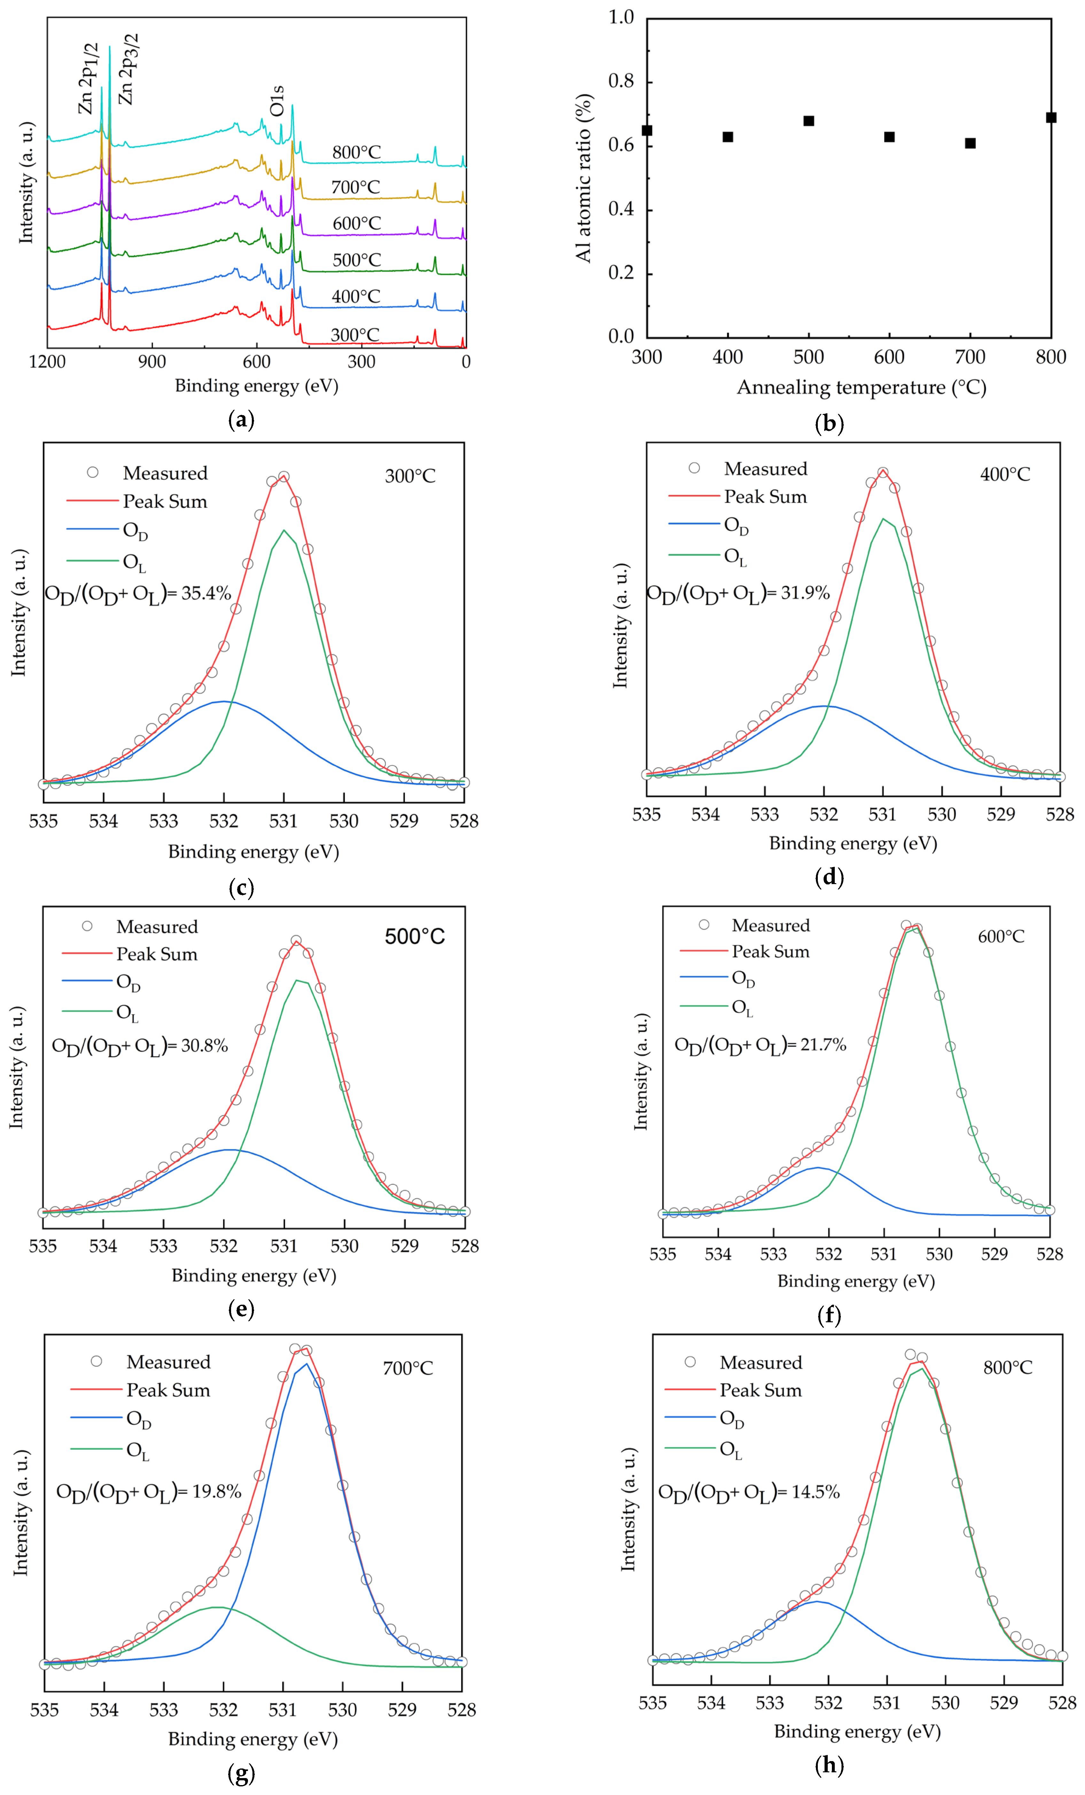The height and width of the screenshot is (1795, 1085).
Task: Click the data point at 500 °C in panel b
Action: tap(808, 121)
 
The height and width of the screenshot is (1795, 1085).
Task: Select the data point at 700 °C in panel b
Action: tap(970, 144)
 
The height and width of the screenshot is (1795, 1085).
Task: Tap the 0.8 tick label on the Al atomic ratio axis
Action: tap(621, 82)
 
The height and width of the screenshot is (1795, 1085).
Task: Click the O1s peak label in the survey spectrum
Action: tap(277, 101)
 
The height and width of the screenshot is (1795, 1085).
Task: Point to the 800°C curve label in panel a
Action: tap(356, 152)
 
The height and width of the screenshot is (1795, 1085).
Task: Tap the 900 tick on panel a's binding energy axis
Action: tap(152, 362)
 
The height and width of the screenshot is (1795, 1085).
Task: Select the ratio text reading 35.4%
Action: tap(138, 594)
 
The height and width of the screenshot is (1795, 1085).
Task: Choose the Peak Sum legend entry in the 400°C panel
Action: tap(764, 497)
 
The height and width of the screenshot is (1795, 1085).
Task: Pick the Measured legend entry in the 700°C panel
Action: tap(167, 1362)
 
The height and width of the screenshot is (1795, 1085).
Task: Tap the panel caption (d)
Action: tap(829, 877)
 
